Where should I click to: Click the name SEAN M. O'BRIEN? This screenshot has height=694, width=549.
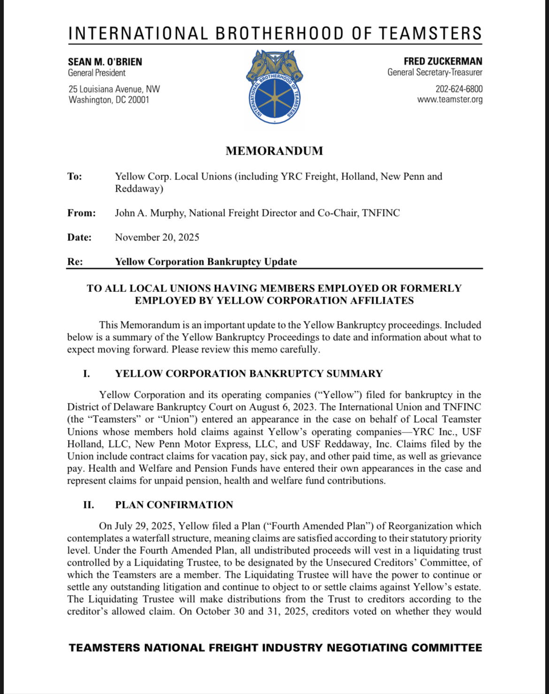[105, 62]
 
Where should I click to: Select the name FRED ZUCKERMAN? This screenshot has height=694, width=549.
[442, 61]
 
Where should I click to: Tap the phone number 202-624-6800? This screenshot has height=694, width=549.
[458, 89]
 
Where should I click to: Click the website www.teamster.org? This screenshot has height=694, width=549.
[450, 99]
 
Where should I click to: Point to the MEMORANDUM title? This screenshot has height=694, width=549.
[274, 151]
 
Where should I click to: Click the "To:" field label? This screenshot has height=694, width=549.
[75, 177]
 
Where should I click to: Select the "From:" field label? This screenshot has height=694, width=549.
[81, 213]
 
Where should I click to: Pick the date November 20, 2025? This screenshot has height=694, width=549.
[157, 238]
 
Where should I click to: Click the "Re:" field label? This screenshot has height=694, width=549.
[75, 262]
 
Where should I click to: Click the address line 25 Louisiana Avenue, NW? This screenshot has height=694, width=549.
[114, 89]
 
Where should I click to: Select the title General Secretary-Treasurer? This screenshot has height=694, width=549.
[435, 73]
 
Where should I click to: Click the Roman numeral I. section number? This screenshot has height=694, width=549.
[86, 374]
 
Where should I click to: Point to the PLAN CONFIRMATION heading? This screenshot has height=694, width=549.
[174, 505]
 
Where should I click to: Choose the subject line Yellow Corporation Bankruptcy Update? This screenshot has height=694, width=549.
[206, 262]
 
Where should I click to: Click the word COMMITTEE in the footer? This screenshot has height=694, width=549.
[446, 648]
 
